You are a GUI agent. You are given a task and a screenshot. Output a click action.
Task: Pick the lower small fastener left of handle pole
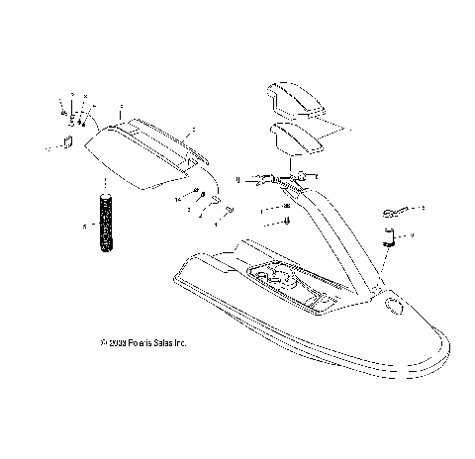pos(286,222)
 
